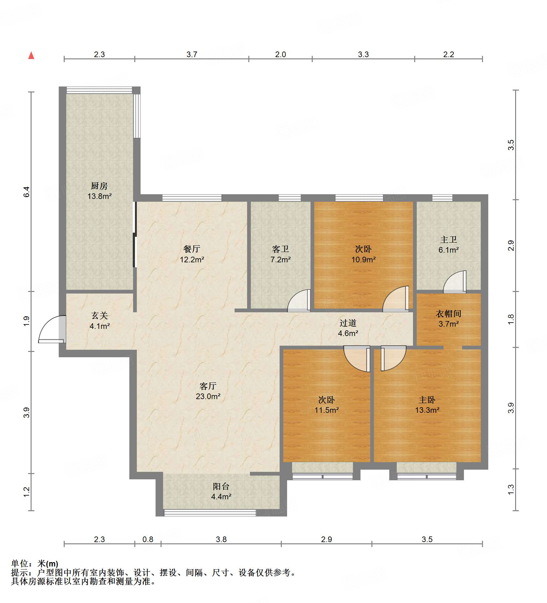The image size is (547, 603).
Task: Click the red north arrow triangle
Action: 31,56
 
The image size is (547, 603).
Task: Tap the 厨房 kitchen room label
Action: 99,186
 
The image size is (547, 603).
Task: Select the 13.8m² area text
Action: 99,196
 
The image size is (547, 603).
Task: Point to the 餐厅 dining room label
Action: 192,249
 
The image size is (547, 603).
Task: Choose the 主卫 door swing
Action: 455,282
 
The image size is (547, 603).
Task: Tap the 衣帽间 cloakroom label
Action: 449,314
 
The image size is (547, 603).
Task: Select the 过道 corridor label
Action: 348,323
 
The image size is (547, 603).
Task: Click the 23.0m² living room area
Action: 208,396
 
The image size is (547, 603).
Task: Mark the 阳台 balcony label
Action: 221,486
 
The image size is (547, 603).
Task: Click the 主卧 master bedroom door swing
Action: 393,358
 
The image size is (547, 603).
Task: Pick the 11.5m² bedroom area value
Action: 326,410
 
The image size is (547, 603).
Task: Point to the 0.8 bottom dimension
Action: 148,539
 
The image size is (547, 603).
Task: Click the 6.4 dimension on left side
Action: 27,192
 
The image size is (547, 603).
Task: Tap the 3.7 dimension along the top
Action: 192,54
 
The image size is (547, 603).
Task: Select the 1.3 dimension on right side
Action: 511,489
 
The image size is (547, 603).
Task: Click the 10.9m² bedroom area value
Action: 363,259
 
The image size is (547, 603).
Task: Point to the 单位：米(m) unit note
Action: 35,563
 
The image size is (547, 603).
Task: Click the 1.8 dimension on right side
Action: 511,319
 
